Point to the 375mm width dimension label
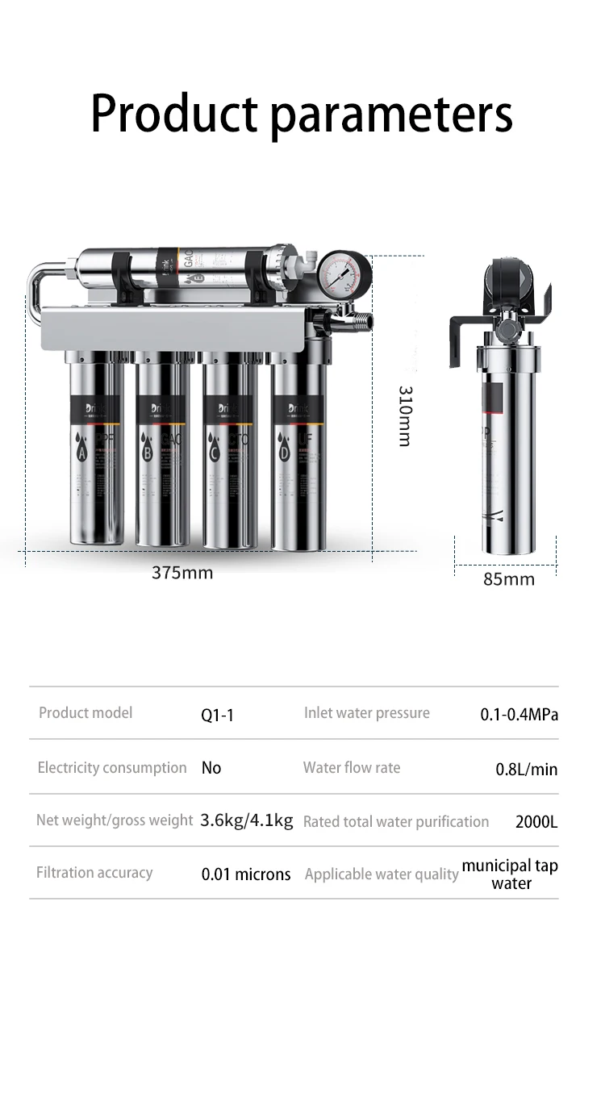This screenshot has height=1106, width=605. coord(182,573)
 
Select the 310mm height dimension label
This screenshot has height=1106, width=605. coord(405,415)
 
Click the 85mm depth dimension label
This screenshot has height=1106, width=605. coord(509,579)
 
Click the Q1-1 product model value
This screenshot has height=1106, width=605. coord(217,716)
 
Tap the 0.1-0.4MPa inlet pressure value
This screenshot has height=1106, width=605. coord(519,715)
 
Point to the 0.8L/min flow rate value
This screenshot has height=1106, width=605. coord(526,770)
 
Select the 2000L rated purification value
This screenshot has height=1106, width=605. coord(536,823)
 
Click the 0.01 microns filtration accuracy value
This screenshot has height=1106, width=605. coord(246,874)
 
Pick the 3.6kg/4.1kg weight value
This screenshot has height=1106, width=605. coord(247,821)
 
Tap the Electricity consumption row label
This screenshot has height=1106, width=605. coord(112,768)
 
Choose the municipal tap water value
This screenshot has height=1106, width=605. coord(510,874)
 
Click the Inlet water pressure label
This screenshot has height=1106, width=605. coord(367,713)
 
